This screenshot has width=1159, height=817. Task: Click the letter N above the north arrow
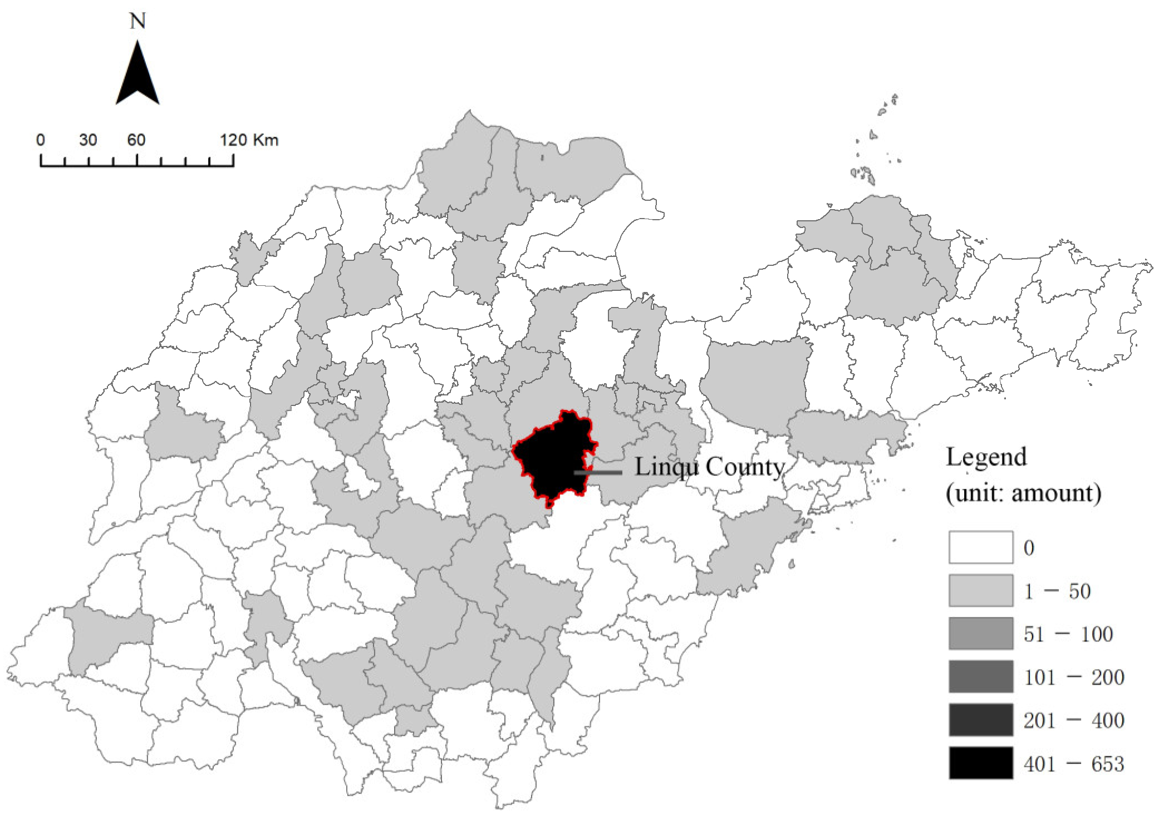[x=137, y=22]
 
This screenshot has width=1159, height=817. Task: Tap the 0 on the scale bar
[x=41, y=140]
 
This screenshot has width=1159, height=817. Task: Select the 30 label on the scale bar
[x=88, y=140]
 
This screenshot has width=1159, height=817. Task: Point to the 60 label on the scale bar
[x=136, y=140]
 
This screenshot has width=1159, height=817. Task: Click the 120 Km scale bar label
[x=249, y=140]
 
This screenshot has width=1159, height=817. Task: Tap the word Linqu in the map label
[x=666, y=467]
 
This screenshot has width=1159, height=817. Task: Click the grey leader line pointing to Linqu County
[x=598, y=473]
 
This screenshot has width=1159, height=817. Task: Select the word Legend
[x=986, y=457]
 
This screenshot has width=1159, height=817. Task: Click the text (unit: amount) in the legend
[x=1023, y=493]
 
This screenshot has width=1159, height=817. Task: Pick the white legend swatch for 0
[x=980, y=547]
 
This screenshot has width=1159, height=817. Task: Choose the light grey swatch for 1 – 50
[x=980, y=590]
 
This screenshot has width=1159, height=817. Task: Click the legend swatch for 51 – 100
[x=980, y=633]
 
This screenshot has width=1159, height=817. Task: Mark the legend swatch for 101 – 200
[x=980, y=676]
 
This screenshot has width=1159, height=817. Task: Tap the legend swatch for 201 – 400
[x=980, y=720]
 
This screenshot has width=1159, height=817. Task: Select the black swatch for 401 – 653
[x=980, y=762]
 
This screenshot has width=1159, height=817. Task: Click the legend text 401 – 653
[x=1073, y=764]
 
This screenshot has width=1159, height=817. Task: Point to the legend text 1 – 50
[x=1057, y=591]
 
